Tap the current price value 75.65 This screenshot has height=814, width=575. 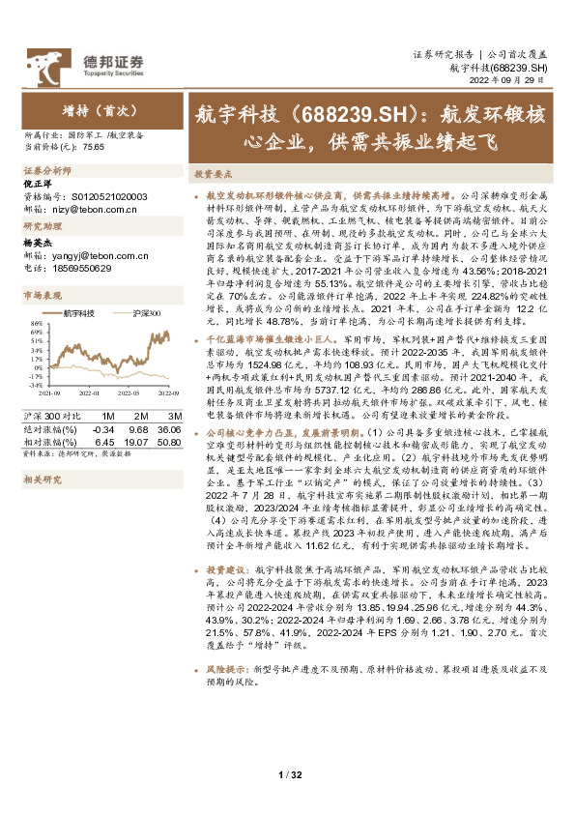tap(93, 147)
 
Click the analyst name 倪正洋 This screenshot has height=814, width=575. tap(38, 183)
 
